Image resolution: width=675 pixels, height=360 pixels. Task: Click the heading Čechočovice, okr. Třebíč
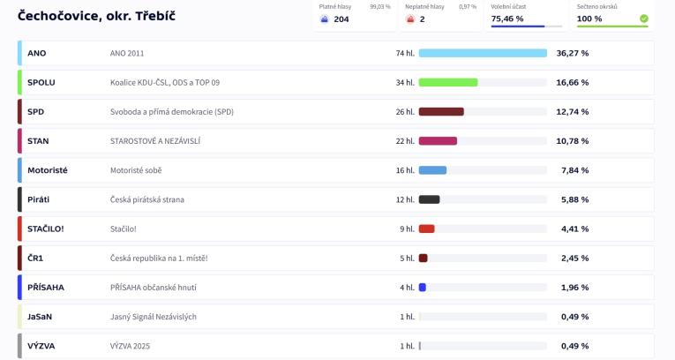coord(90,16)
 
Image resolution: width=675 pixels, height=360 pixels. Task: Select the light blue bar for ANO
coord(483,53)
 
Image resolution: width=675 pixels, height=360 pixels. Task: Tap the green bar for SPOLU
coord(448,82)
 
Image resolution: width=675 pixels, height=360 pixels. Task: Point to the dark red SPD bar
coord(441,112)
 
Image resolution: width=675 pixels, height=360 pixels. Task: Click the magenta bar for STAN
coord(438,141)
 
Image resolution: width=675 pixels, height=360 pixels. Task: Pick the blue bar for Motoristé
coord(432,170)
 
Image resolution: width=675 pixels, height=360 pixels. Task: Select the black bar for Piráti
coord(429,199)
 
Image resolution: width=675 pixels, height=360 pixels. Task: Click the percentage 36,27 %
coord(573,53)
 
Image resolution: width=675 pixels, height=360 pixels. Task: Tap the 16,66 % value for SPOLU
coord(573,82)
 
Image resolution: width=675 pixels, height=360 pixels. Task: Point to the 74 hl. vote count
coord(405,53)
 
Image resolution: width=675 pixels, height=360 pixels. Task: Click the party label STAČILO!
coord(46,229)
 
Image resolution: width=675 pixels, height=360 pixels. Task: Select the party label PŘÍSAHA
coord(46,288)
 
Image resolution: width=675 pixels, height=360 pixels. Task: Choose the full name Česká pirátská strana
coord(147,199)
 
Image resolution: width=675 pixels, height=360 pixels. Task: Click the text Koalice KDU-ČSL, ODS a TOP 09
coord(165,82)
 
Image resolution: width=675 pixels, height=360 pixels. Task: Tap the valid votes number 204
coord(341,19)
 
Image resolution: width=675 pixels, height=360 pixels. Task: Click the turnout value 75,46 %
coord(507,19)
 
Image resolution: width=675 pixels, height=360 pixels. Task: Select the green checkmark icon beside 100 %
coord(643,19)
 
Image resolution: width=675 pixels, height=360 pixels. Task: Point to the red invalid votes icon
coord(410,19)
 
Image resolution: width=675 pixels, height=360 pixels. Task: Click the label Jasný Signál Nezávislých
coord(154,317)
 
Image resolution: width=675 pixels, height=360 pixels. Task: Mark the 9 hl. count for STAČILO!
coord(407,229)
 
